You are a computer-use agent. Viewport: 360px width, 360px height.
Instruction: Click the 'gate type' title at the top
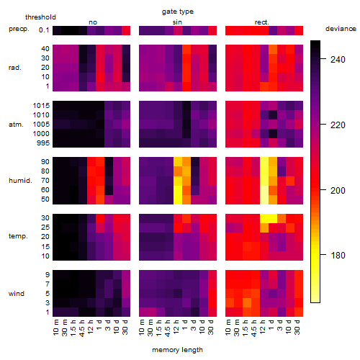point(178,12)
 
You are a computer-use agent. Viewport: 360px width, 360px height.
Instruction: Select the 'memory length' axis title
point(177,350)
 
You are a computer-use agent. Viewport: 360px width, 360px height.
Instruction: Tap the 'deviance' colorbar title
point(341,29)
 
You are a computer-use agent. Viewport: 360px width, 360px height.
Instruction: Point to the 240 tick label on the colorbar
point(338,59)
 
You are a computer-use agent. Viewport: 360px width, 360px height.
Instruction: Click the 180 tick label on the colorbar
point(338,256)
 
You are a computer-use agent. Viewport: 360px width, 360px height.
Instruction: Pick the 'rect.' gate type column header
point(261,22)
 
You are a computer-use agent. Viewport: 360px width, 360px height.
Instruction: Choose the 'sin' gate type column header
point(177,22)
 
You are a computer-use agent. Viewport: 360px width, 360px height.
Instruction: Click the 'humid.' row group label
point(20,180)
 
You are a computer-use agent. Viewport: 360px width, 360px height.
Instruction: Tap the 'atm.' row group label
point(16,125)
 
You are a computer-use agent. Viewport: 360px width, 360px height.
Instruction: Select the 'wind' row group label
point(17,294)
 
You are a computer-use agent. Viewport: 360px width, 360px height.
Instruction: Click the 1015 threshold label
point(41,106)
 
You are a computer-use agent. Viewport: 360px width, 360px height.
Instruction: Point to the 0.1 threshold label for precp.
point(44,30)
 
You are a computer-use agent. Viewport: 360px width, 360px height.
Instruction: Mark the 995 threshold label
point(43,143)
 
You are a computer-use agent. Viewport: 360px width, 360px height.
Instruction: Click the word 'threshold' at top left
point(40,17)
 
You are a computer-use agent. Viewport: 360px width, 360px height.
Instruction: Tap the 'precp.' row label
point(19,29)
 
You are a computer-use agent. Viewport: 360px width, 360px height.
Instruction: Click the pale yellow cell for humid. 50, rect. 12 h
point(264,199)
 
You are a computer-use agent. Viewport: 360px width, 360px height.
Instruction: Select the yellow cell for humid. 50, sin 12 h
point(178,199)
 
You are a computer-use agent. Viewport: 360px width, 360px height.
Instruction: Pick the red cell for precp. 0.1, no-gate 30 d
point(126,30)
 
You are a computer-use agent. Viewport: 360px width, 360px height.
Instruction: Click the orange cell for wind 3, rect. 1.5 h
point(247,302)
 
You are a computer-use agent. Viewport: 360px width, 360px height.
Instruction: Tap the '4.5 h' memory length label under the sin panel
point(168,328)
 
